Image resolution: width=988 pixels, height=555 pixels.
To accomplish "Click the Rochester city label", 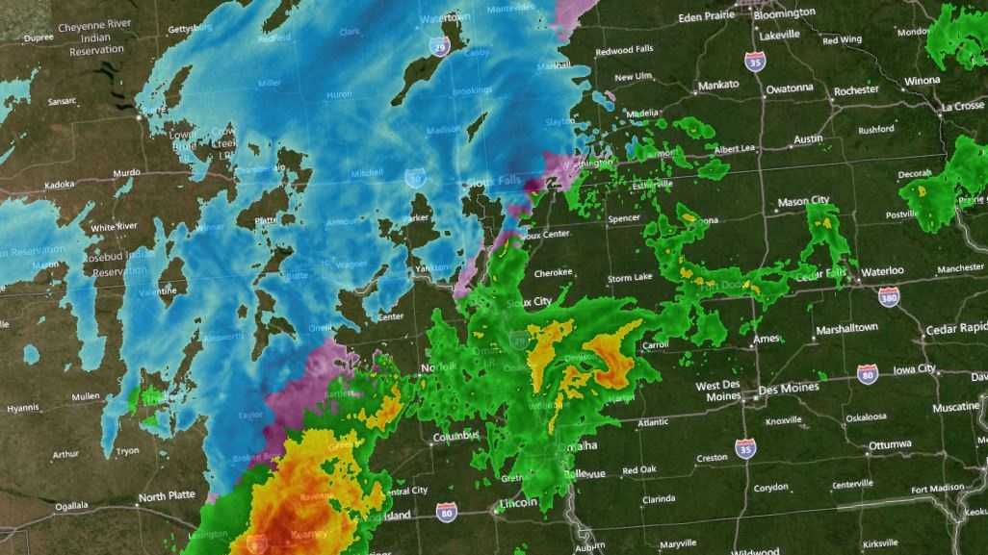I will pyautogui.click(x=856, y=90).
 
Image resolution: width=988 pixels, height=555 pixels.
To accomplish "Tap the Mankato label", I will pyautogui.click(x=718, y=85).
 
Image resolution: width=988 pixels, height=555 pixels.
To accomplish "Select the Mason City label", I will pyautogui.click(x=803, y=201).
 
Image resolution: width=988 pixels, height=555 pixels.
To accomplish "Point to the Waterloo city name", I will pyautogui.click(x=882, y=271).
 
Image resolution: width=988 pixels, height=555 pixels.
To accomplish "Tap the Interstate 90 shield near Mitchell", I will pyautogui.click(x=414, y=177).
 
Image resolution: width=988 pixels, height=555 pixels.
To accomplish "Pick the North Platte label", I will pyautogui.click(x=166, y=497).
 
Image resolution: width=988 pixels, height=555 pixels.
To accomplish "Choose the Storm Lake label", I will pyautogui.click(x=630, y=279).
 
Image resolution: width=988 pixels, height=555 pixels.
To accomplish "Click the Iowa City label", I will pyautogui.click(x=914, y=368).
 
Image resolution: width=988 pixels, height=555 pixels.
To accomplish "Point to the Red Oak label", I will pyautogui.click(x=640, y=470).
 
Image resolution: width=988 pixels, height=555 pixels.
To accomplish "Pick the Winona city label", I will pyautogui.click(x=921, y=81).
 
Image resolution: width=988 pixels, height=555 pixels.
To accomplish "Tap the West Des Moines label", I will pyautogui.click(x=717, y=391).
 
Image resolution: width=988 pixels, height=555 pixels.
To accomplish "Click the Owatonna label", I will pyautogui.click(x=790, y=88).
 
